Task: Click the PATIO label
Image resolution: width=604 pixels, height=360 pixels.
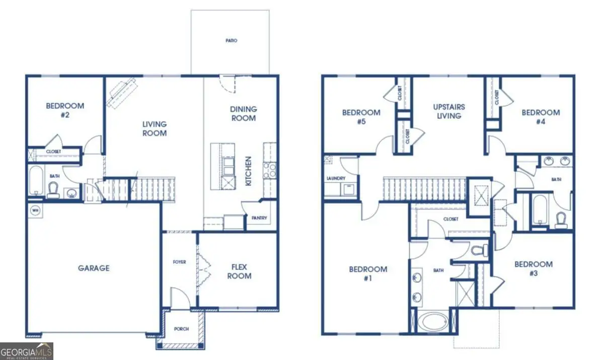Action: (x=231, y=40)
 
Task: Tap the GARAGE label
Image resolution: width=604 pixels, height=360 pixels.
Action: (x=94, y=268)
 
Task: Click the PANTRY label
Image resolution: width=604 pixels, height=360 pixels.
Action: (x=259, y=219)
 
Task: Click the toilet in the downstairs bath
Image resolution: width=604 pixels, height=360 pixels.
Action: (x=53, y=189)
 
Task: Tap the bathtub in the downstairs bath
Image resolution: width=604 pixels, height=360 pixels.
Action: (x=36, y=181)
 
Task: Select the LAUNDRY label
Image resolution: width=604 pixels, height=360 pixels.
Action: (x=335, y=178)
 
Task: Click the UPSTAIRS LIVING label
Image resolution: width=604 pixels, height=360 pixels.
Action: (x=449, y=111)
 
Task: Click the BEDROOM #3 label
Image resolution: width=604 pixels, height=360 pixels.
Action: (x=534, y=268)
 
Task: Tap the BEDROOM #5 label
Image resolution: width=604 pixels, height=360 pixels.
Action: (x=361, y=117)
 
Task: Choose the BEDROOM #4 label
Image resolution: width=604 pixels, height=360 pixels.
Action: (x=541, y=117)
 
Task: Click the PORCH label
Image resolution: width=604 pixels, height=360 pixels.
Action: (x=181, y=329)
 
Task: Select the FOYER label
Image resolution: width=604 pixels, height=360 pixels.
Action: (x=180, y=262)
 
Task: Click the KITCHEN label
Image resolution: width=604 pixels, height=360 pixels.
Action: (x=248, y=171)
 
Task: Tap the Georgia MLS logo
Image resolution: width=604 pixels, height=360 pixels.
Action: (x=26, y=351)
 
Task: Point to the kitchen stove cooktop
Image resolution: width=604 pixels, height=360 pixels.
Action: (x=269, y=170)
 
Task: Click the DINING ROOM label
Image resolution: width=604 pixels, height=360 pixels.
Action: (x=243, y=113)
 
